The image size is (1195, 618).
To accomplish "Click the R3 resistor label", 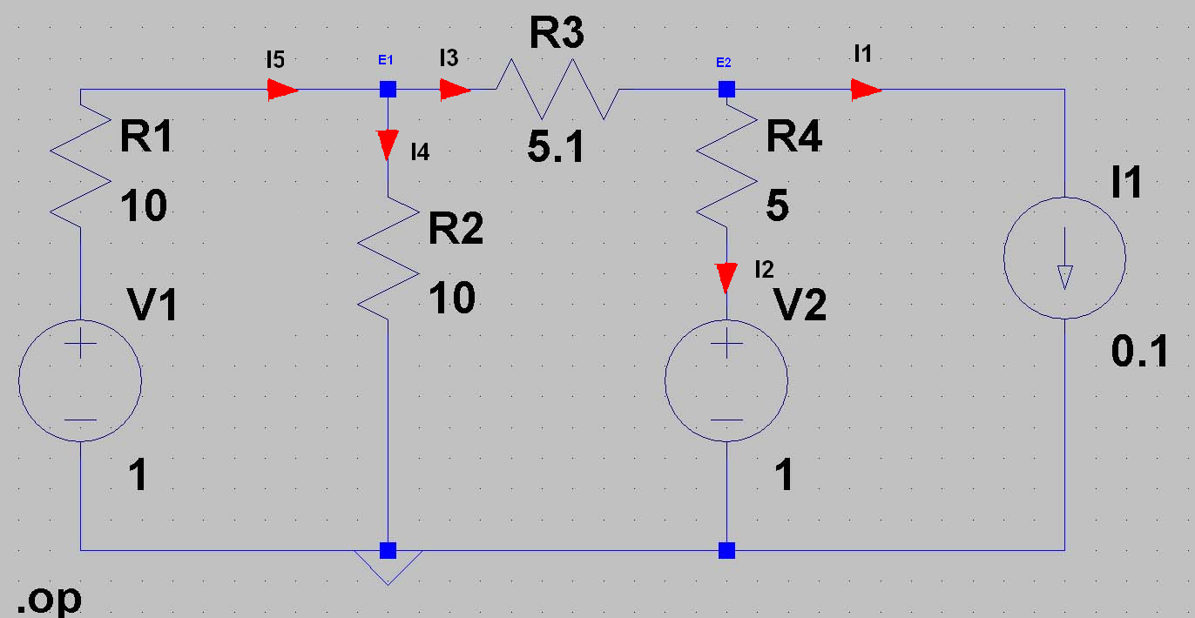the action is [x=557, y=33].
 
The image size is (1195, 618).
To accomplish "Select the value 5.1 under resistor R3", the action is [x=556, y=146].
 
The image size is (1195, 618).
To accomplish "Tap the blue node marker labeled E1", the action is [x=388, y=89].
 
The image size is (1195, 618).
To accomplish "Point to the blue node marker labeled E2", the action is [x=726, y=89].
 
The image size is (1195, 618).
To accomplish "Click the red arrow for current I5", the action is [x=282, y=90].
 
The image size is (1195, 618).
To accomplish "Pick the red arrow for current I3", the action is [x=455, y=90].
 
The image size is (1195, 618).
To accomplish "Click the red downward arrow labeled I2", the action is [x=726, y=278].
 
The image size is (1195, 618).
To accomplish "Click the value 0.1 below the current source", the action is [x=1140, y=352].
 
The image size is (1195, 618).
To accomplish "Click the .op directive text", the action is [x=49, y=600].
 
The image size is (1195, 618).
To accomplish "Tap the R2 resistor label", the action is [x=456, y=228].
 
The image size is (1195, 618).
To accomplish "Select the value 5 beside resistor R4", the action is [x=777, y=205].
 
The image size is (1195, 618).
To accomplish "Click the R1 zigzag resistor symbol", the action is [x=80, y=166].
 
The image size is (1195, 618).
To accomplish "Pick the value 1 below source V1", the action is [x=138, y=474].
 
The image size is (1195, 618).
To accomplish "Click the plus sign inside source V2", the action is [x=726, y=343].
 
